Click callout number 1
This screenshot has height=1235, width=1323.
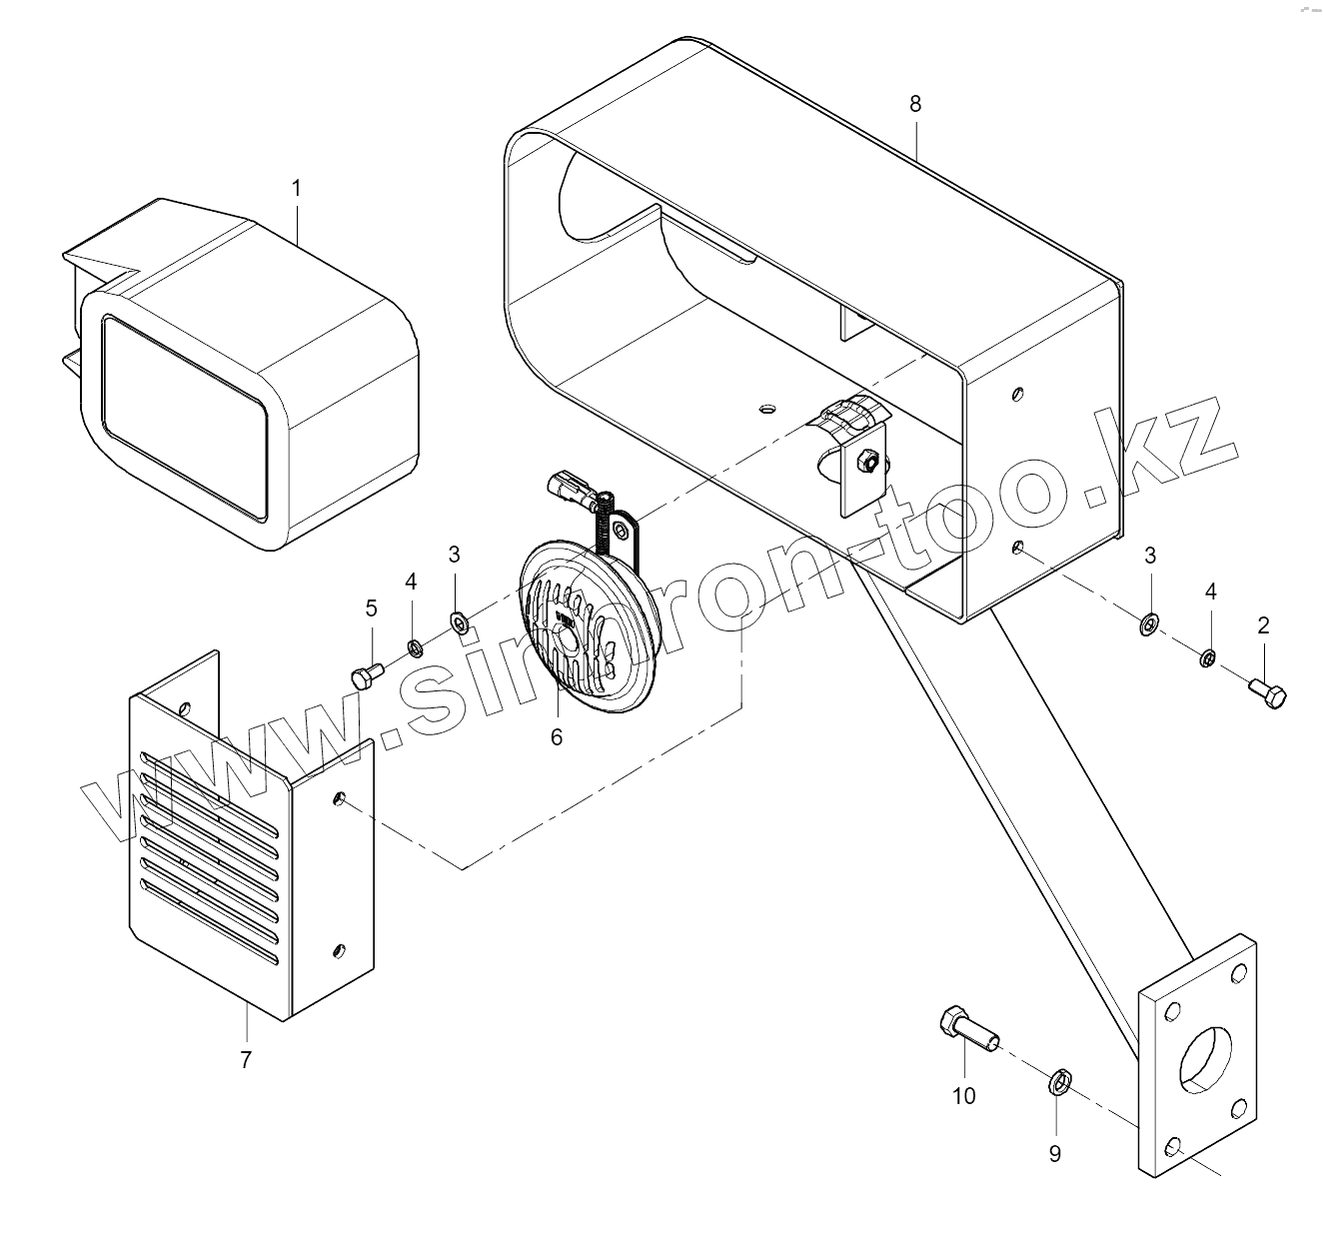click(296, 187)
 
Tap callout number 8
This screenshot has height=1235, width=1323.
click(915, 104)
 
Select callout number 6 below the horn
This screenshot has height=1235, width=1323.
click(557, 737)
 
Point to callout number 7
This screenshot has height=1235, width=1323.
click(246, 1059)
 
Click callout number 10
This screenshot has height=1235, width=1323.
click(963, 1096)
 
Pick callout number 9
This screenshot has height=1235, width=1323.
click(1055, 1153)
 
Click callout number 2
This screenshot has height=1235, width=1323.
click(1263, 625)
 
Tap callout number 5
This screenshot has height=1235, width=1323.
click(371, 608)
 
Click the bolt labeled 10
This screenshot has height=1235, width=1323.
click(963, 1029)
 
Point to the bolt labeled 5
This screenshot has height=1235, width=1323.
click(367, 675)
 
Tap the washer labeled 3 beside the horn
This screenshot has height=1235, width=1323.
click(460, 624)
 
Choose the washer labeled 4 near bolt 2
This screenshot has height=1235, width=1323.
click(1207, 657)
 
